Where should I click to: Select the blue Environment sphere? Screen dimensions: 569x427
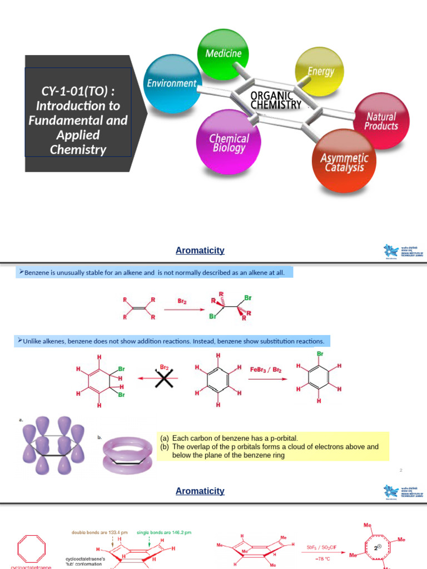coord(172,83)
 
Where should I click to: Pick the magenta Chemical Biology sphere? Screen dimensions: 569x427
coord(228,141)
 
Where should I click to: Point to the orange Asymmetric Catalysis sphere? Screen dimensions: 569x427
coord(343,161)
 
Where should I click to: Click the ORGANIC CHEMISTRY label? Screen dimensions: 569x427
coord(276,100)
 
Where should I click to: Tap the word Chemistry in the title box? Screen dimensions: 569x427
coord(78,149)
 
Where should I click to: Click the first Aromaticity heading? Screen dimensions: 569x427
coord(200,251)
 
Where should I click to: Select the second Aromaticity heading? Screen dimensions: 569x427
coord(200,491)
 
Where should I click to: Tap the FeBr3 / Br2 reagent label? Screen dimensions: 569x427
coord(266,369)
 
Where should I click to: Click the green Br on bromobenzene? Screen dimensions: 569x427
coord(320,353)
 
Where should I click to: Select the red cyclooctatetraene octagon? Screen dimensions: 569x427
coord(34,548)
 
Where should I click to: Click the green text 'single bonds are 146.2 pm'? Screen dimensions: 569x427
coord(164,532)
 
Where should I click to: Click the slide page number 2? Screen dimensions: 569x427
coord(400,471)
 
